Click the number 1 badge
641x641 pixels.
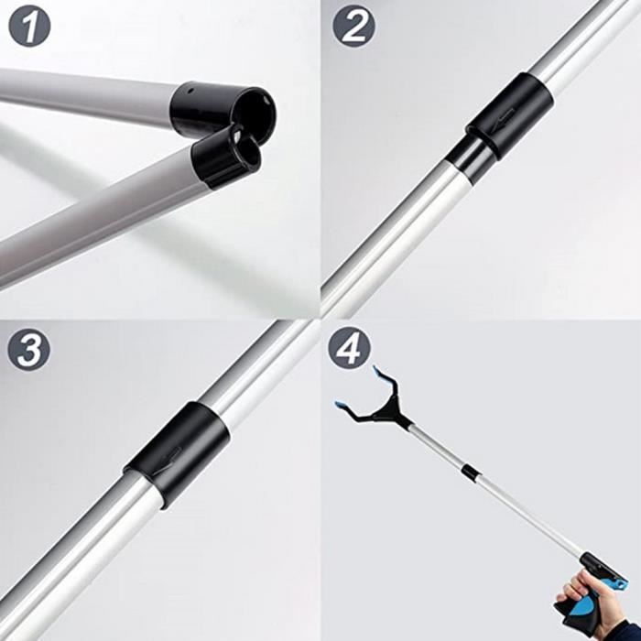[x=29, y=27]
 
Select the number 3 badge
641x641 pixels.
[x=29, y=350]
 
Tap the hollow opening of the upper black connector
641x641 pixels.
[x=254, y=112]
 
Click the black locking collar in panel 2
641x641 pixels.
[x=509, y=115]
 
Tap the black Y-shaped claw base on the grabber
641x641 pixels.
[x=389, y=410]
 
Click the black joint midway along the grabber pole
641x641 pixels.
[x=470, y=473]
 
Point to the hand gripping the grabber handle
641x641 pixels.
[x=586, y=599]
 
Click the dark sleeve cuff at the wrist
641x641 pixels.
[x=624, y=630]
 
